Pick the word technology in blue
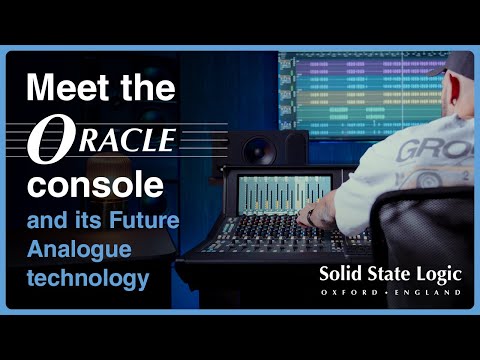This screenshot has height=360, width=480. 85,274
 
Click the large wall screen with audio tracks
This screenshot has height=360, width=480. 350,90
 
